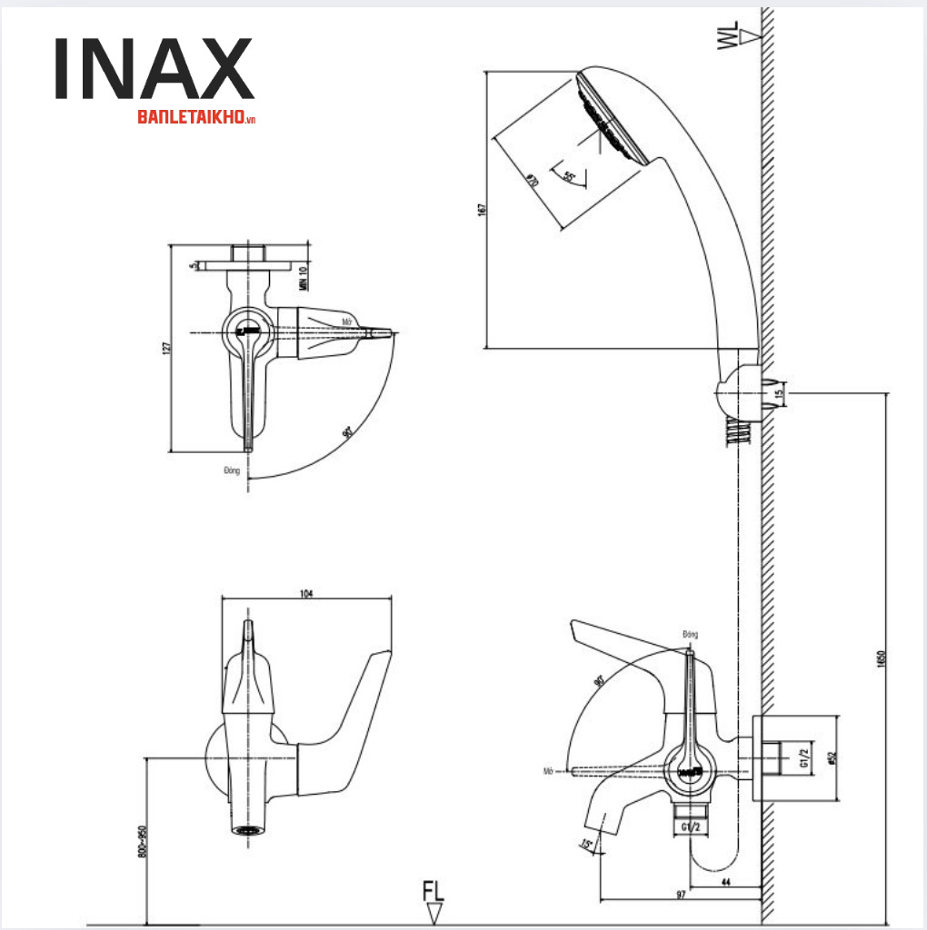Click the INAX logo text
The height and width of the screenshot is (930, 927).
click(x=153, y=69)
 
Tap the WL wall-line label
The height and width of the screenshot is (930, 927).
click(x=728, y=37)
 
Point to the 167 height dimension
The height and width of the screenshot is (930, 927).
click(x=482, y=209)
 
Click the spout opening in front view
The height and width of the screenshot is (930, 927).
click(x=247, y=829)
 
